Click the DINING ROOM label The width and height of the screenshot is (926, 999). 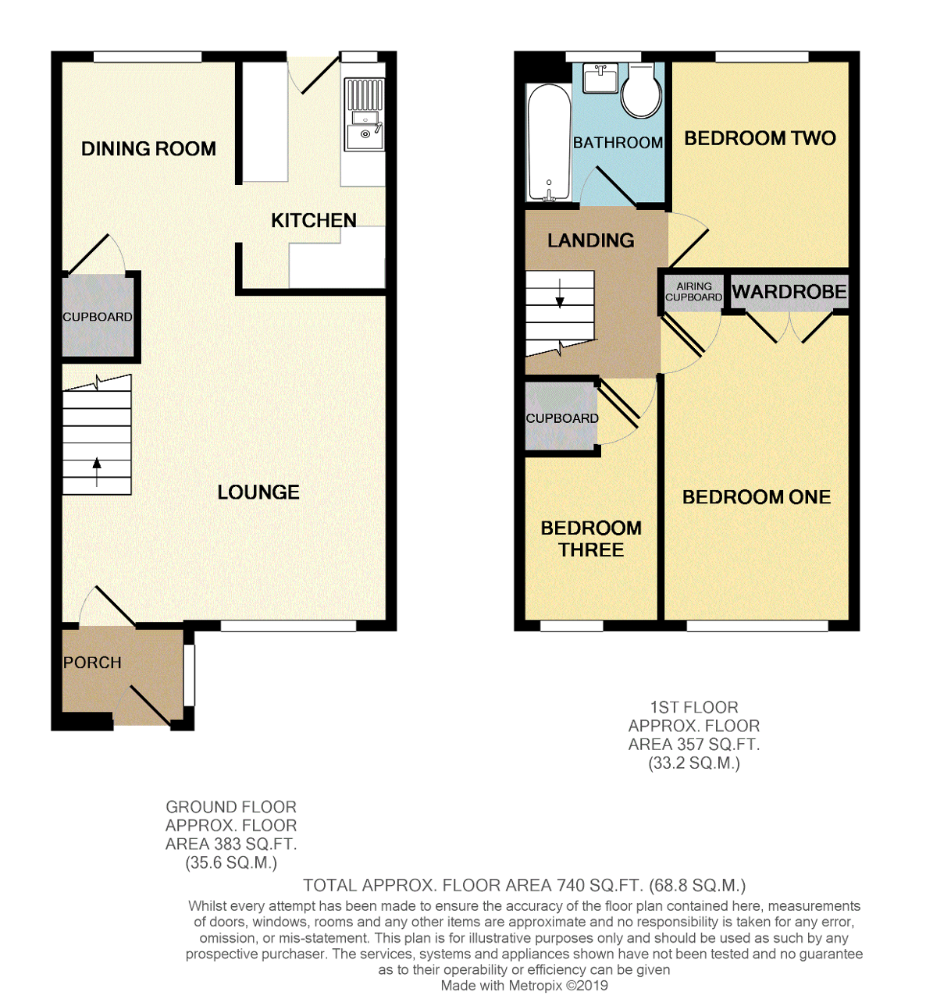pos(148,149)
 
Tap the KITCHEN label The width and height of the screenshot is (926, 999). pos(313,221)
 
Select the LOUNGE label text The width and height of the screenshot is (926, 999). pos(258,492)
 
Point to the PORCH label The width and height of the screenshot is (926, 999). pos(92,663)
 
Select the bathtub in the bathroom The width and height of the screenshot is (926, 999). pos(548,143)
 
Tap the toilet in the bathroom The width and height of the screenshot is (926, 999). pos(642,92)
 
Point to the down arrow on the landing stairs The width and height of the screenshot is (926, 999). pos(560,295)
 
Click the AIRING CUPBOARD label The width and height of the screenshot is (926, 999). pos(693,292)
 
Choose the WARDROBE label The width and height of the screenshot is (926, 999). pos(789,292)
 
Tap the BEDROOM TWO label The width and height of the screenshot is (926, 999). pos(760,139)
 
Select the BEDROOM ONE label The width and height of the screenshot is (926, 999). pos(756,497)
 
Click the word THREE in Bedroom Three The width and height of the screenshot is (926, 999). pos(591,550)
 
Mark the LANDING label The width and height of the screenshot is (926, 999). pos(590,240)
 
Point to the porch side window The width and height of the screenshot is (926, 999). pos(188,675)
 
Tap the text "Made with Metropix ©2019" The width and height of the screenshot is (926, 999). pos(524,985)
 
